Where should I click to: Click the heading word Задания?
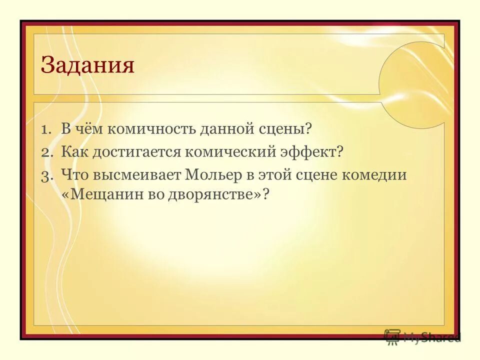point(87,65)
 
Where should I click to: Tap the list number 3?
point(46,175)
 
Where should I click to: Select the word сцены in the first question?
point(284,129)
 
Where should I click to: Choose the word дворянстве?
point(215,194)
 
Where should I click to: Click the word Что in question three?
point(73,175)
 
